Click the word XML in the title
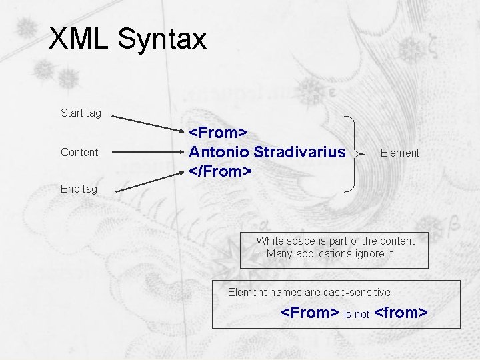[79, 39]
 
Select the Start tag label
[81, 113]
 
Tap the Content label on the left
[79, 152]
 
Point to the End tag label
[79, 189]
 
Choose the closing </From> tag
[221, 171]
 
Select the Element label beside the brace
[399, 153]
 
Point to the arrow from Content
[147, 152]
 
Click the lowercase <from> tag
[401, 312]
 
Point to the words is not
[356, 314]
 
